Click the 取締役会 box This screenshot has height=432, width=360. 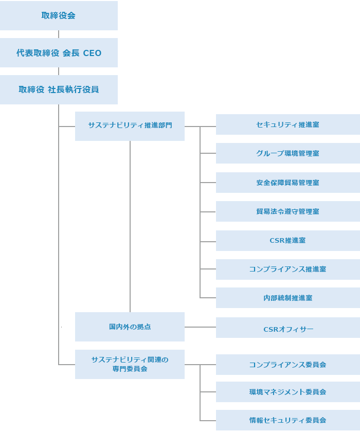coord(59,15)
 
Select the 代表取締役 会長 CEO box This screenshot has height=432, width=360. coord(59,53)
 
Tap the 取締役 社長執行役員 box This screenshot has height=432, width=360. coord(59,89)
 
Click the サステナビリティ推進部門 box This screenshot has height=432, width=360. coord(130,125)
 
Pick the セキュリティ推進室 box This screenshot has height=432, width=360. coord(287,124)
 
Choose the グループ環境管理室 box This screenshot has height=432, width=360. coord(287,153)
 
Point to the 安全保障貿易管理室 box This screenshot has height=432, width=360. coord(287,183)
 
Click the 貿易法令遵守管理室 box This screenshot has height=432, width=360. coord(287,211)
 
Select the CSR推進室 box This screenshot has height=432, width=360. coord(287,240)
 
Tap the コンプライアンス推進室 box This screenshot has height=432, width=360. coord(287,269)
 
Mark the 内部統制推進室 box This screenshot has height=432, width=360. coord(287,298)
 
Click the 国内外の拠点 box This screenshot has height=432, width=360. coord(130,327)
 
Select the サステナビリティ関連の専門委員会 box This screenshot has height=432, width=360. coord(130,364)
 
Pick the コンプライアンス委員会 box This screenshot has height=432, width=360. coord(287,365)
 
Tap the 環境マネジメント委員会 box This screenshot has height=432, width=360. coord(287,392)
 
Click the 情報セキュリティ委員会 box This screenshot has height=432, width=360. coord(287,420)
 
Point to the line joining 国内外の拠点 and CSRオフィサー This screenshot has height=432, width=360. coord(200,327)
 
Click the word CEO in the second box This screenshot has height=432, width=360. coord(93,53)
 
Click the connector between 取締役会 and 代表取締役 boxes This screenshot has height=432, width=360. coord(59,34)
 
